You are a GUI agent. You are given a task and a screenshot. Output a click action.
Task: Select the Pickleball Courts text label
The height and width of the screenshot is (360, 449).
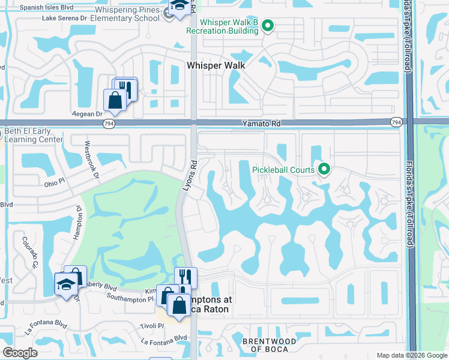pos(283,170)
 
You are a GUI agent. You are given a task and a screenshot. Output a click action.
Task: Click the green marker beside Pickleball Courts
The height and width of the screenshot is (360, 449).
pos(324,170)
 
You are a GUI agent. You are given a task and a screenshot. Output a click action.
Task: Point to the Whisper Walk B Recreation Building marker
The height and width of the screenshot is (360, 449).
pos(268,26)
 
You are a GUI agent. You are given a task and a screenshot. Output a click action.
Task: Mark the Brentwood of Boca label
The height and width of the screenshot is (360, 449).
pos(268,345)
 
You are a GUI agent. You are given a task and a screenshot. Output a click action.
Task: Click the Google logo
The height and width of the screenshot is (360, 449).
pos(20,353)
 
